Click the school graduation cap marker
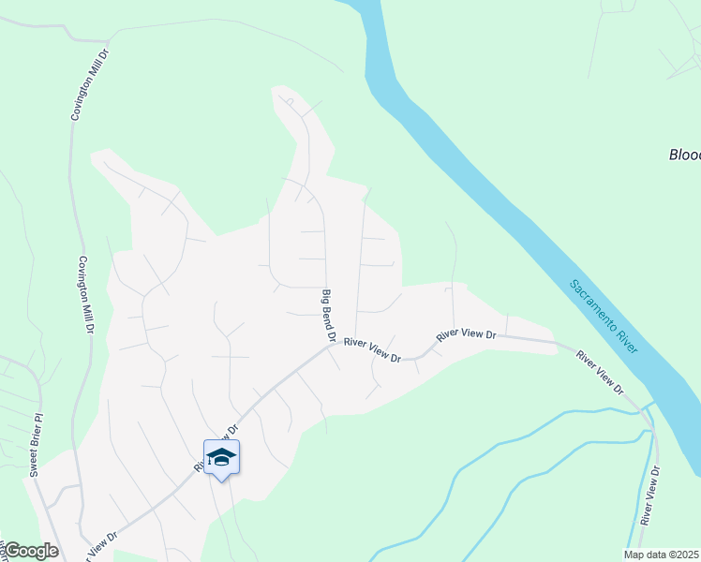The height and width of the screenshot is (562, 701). [221, 458]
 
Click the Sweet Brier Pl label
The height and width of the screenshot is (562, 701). [36, 445]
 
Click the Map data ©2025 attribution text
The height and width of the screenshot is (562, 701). [662, 555]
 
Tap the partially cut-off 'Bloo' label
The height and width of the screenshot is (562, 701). [684, 155]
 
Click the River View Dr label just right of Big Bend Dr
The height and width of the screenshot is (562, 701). [372, 350]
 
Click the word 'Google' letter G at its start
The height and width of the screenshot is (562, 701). [13, 551]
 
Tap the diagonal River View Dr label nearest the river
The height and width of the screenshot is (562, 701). [599, 371]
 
